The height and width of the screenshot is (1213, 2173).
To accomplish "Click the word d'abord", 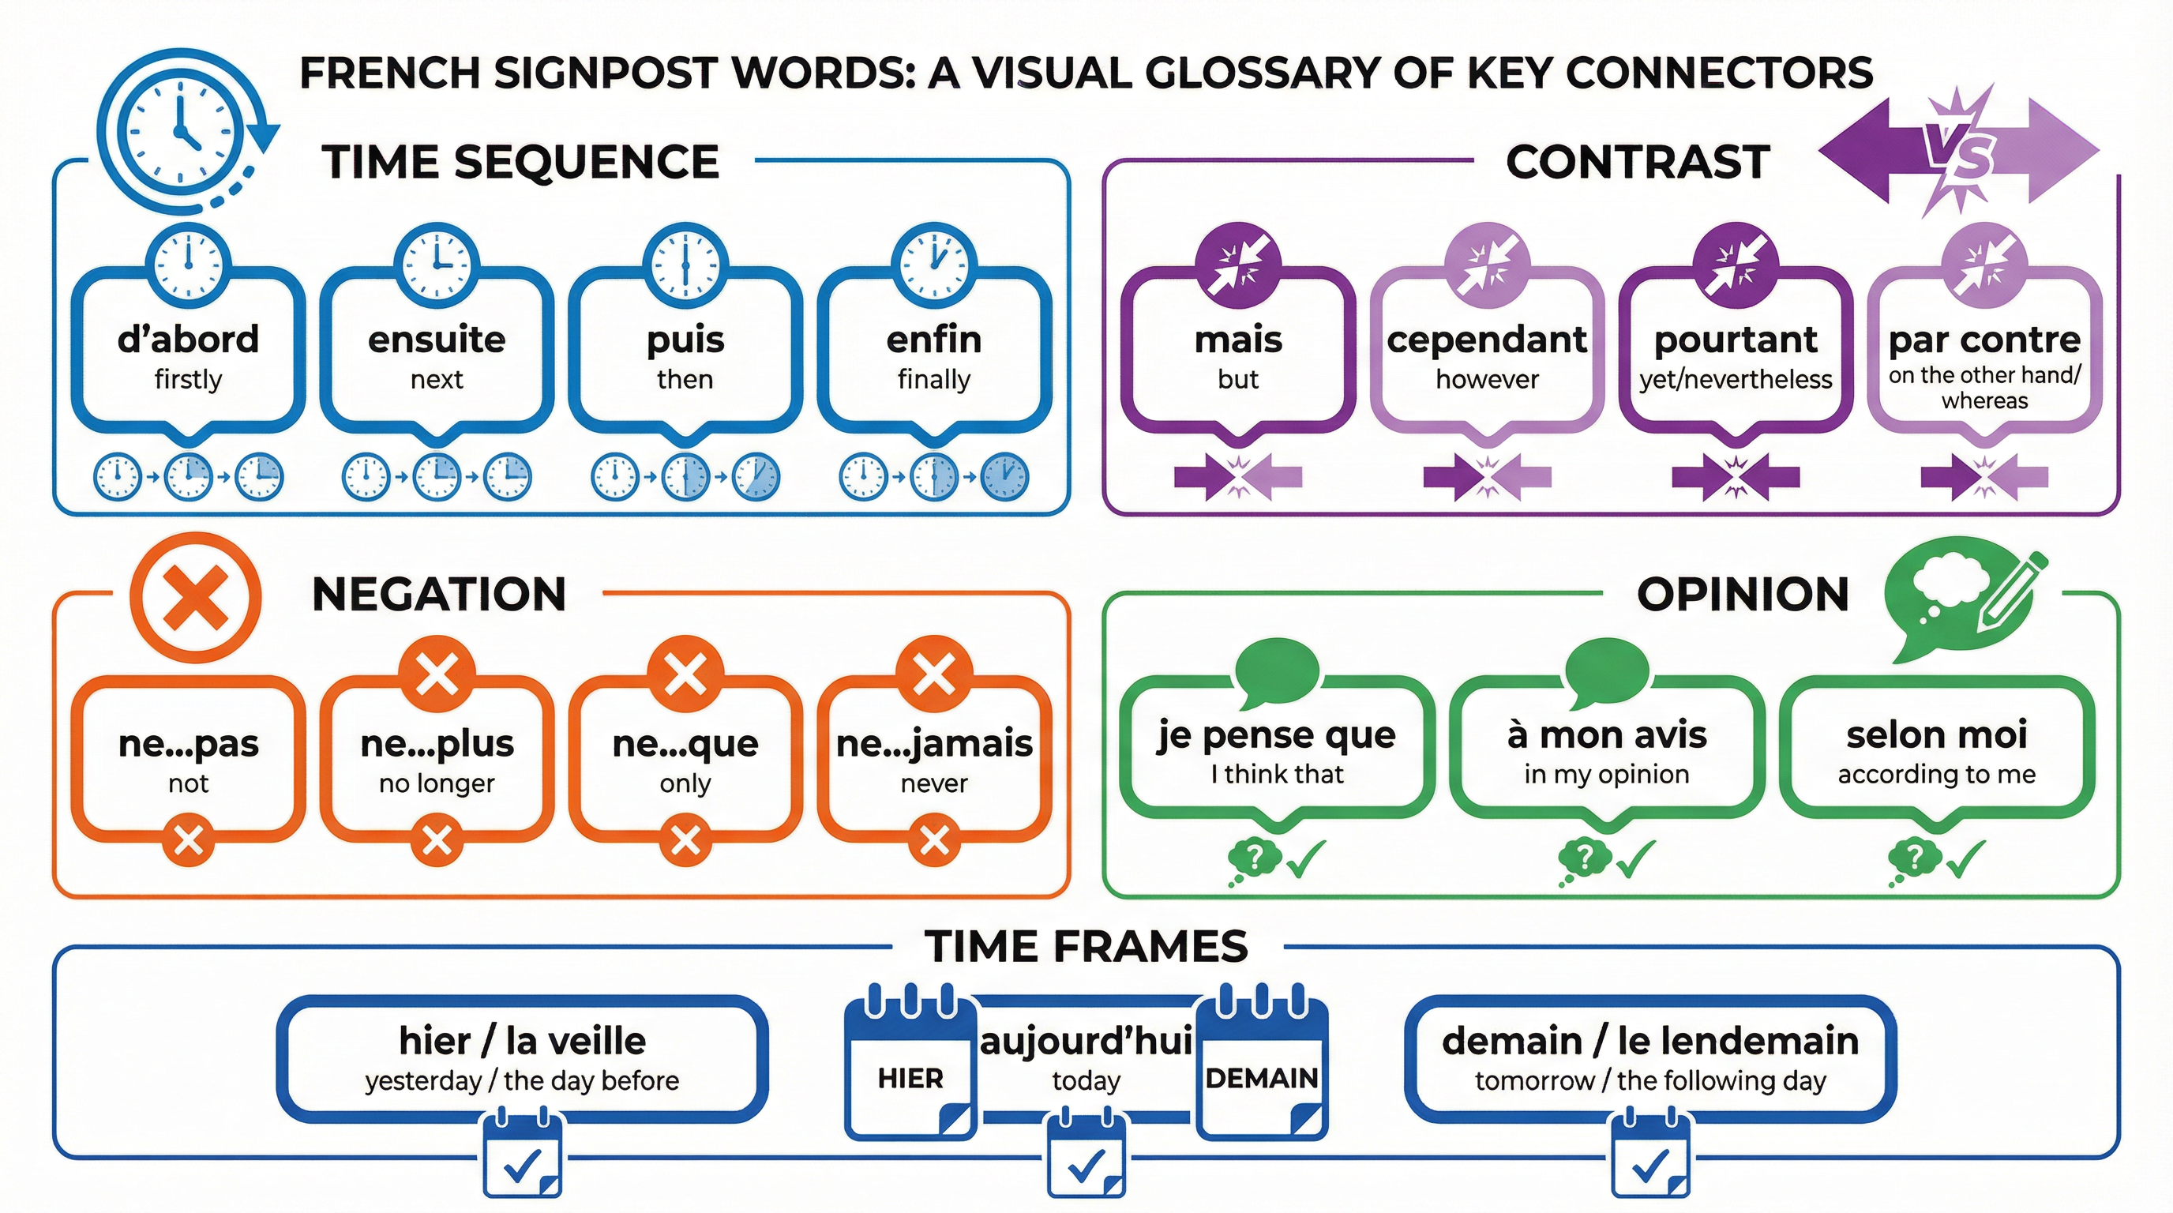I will [x=187, y=339].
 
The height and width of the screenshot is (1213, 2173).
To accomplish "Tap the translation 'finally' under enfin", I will [x=934, y=380].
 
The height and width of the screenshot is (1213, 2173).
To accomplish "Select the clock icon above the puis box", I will [x=685, y=264].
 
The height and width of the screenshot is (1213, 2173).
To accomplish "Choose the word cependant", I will [x=1486, y=339].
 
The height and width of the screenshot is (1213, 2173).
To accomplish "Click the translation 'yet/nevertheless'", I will [x=1736, y=380].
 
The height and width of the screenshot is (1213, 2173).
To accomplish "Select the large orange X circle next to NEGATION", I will [x=196, y=597].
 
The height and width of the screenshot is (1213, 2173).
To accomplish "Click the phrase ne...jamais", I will [x=934, y=743].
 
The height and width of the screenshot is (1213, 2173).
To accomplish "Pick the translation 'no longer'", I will [x=436, y=783].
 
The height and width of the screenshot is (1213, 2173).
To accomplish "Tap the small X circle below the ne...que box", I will [x=685, y=840].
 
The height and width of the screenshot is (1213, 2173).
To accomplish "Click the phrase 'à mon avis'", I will [x=1606, y=734].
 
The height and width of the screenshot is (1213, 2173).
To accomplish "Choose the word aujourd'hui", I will [x=1086, y=1041].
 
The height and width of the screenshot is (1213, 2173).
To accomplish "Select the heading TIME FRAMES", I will [x=1086, y=945].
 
